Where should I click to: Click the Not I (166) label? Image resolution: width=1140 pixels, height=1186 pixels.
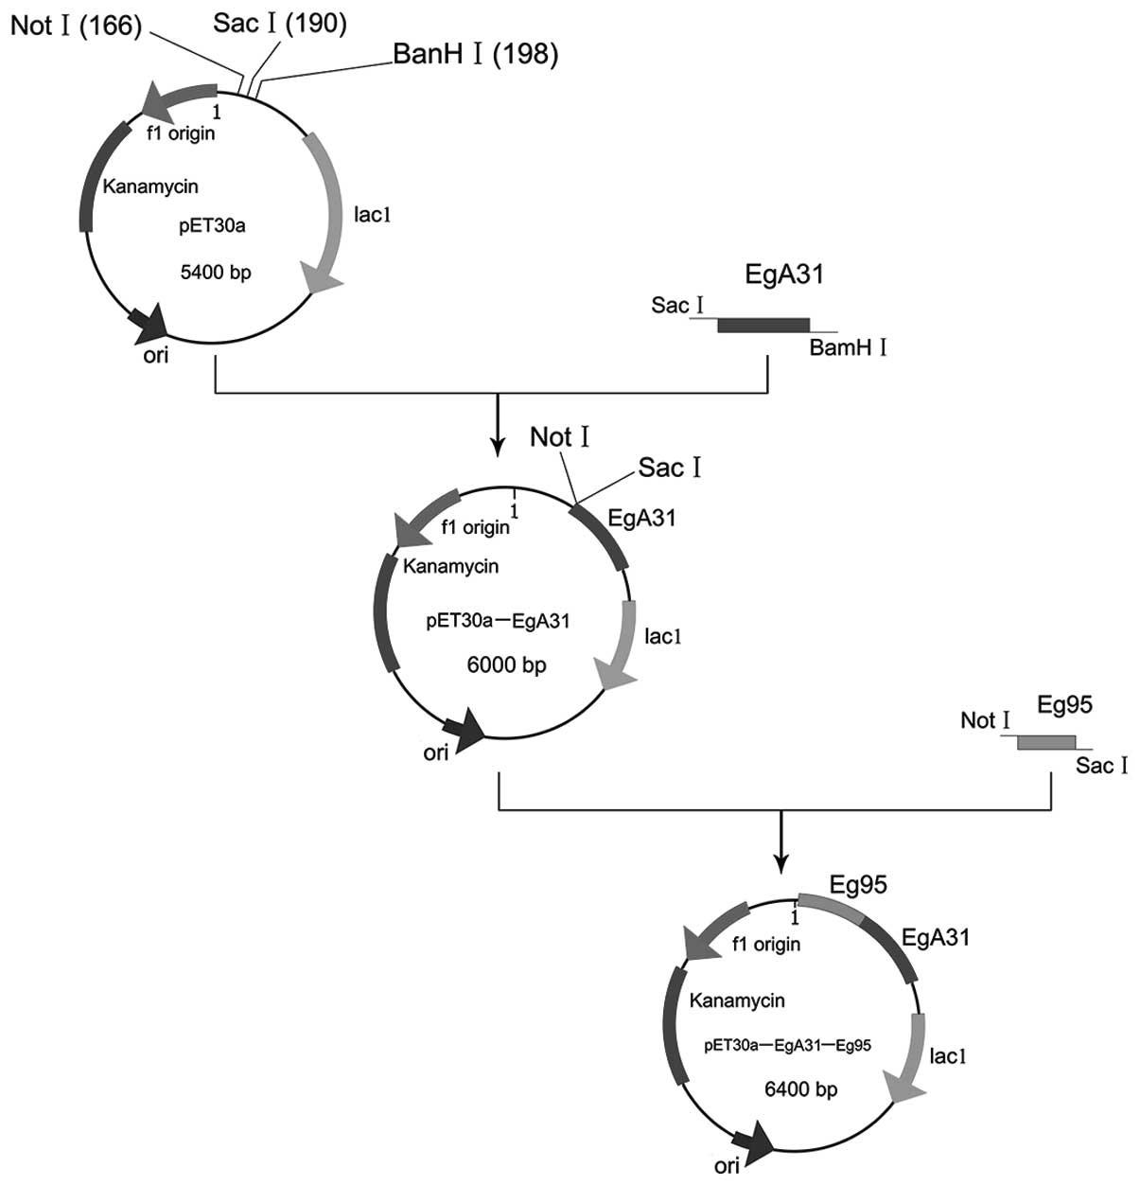point(76,27)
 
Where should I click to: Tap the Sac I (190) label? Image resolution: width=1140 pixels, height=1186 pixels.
point(279,23)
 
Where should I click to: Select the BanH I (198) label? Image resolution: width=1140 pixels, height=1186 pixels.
point(475,54)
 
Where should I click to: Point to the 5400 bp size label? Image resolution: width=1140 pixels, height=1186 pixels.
point(216,273)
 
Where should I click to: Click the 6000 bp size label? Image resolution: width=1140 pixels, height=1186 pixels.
point(506,664)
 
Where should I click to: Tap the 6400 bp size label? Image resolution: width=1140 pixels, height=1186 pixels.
point(800,1089)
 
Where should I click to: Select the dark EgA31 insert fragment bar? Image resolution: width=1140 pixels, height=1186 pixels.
point(763,326)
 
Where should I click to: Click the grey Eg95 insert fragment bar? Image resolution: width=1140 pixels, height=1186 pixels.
point(1045,743)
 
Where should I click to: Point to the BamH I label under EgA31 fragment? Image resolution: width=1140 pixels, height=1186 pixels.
point(847,348)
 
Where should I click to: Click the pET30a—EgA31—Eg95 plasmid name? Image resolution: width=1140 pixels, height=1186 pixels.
point(786,1045)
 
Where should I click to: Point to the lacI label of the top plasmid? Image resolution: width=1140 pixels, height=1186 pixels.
point(373,215)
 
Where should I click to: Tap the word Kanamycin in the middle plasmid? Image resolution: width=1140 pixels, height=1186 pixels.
point(450,566)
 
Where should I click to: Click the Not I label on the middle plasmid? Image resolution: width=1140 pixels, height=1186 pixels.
point(560,436)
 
